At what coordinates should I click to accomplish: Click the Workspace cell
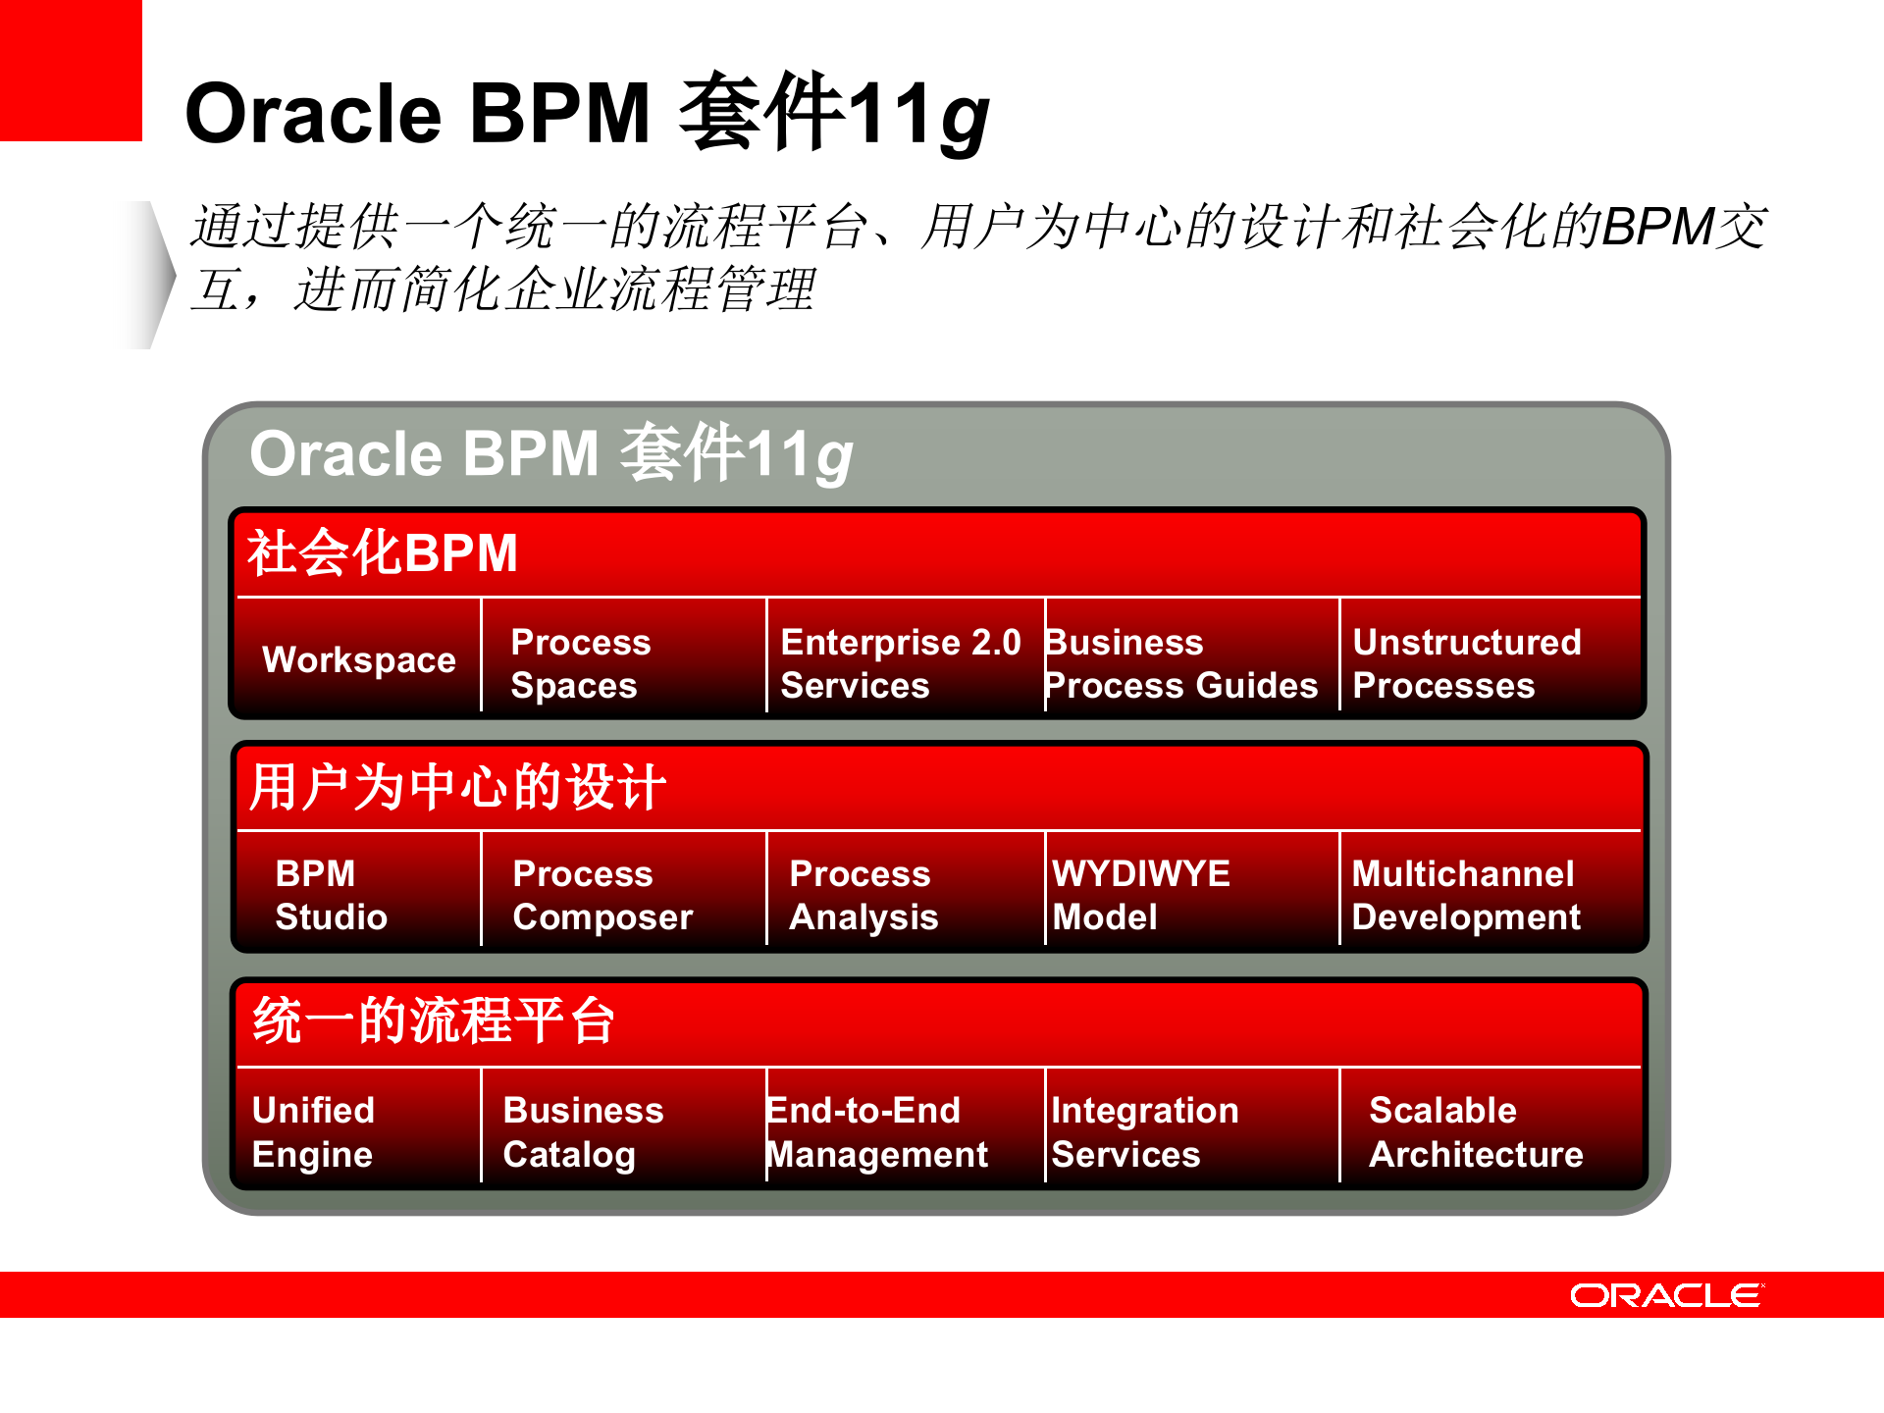359,659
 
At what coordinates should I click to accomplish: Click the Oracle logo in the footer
1666,1295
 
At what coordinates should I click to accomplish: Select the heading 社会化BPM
383,552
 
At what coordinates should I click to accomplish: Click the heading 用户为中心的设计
457,787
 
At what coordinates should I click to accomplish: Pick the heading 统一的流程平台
434,1020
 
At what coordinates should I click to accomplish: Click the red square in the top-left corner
71,71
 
